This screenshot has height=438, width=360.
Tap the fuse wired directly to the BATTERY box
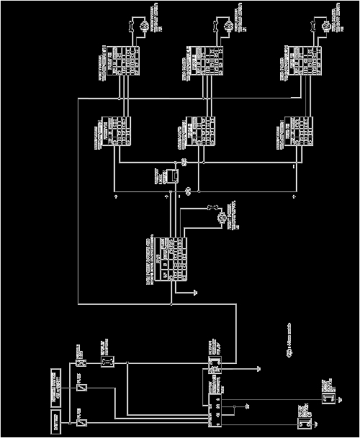pos(81,421)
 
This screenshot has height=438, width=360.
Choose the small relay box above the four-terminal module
pos(214,365)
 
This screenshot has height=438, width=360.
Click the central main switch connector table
pos(166,258)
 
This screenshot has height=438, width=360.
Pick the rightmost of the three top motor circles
pos(323,26)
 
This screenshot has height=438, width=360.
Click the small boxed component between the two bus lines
pos(171,175)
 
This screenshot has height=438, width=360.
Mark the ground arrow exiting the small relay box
pos(258,368)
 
